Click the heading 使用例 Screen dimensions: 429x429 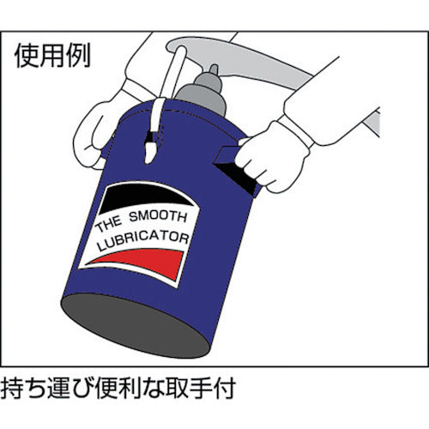51,56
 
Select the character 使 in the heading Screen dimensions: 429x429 27,56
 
